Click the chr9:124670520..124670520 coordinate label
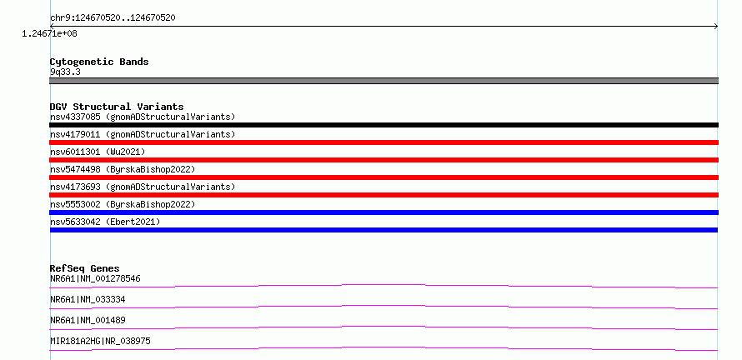click(x=113, y=18)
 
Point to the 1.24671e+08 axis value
click(x=49, y=34)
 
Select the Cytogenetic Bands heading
click(x=99, y=62)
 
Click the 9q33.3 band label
click(x=65, y=72)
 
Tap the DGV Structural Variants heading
click(x=117, y=107)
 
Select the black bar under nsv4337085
click(x=384, y=125)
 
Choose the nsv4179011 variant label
click(x=143, y=134)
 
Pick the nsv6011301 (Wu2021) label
click(x=98, y=152)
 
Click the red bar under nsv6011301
click(x=384, y=160)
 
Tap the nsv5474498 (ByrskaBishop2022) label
click(x=123, y=169)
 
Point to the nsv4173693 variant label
click(x=143, y=187)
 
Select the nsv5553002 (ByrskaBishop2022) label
click(x=123, y=204)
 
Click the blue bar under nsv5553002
click(x=384, y=212)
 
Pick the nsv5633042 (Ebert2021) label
click(x=105, y=222)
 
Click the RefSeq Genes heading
click(x=85, y=268)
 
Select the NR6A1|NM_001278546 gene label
click(x=95, y=278)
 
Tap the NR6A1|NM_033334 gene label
click(x=88, y=299)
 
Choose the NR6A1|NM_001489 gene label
click(x=88, y=320)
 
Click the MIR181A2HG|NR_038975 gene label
click(x=100, y=341)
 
